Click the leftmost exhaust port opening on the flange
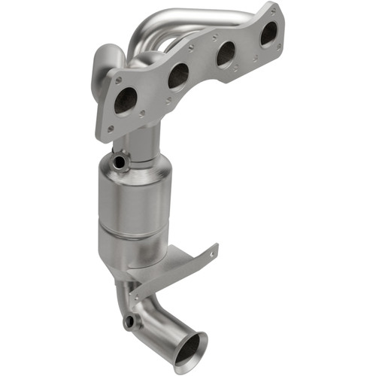coord(126,100)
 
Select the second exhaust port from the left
coord(178,75)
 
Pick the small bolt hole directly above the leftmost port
coord(117,77)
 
